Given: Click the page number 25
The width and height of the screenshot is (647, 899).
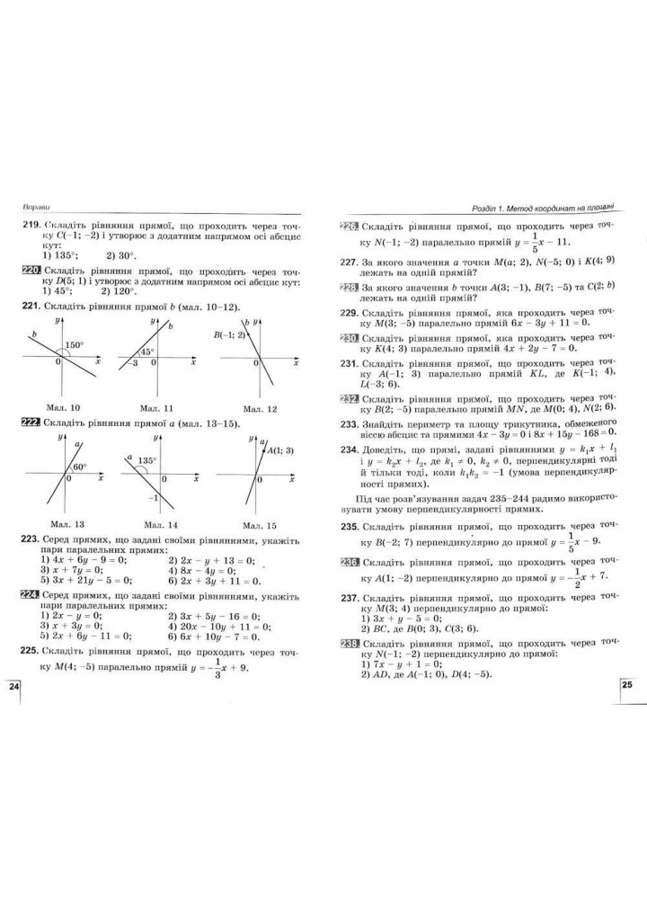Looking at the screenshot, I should click(x=628, y=686).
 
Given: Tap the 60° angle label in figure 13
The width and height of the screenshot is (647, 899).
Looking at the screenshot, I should click(x=79, y=467).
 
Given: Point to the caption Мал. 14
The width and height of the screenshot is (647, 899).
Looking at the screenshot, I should click(x=154, y=525).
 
